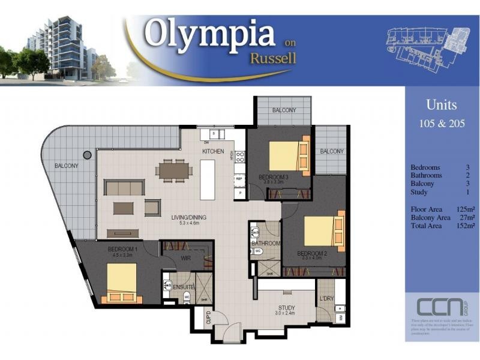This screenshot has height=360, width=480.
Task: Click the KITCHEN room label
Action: point(213,152)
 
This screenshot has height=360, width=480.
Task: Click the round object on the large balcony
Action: point(87,155)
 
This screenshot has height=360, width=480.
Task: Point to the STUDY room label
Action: point(285,307)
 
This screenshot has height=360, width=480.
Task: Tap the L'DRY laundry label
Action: point(326,299)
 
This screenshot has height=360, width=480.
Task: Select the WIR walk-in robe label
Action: point(185,259)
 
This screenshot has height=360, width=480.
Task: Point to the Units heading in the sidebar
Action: point(441,105)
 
